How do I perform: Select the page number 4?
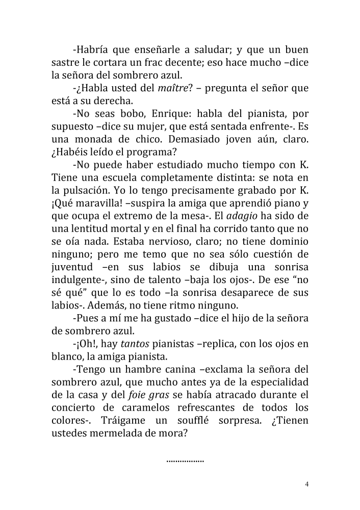(306, 484)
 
